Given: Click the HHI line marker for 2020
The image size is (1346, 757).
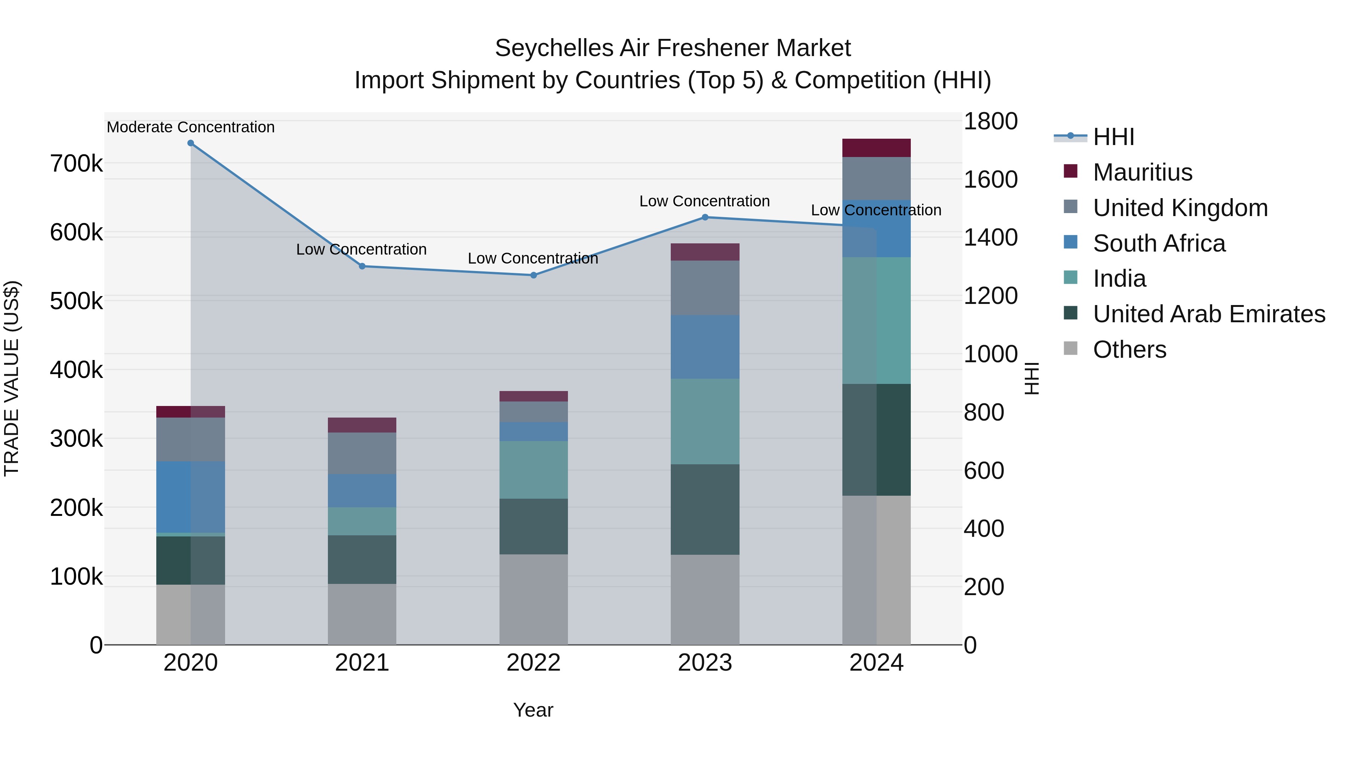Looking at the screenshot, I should (191, 143).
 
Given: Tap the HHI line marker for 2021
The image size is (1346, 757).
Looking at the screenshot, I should (362, 267).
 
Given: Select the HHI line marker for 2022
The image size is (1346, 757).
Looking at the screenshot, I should (534, 275).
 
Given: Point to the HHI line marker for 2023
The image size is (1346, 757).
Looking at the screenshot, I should (705, 217).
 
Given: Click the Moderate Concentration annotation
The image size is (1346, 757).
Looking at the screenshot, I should (191, 127).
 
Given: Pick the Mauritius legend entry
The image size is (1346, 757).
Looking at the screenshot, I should (1142, 172).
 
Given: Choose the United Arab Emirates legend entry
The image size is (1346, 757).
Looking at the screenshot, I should (1208, 314).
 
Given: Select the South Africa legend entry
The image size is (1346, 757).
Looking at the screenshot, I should (1159, 243).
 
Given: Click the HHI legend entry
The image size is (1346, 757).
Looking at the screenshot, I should (1113, 137).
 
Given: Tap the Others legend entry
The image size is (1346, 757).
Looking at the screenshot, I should (1129, 350).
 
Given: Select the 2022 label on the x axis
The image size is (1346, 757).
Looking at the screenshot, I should (534, 663).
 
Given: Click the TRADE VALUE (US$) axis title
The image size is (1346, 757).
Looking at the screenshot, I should (12, 378).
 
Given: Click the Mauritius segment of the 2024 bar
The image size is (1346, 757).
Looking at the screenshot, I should (876, 148).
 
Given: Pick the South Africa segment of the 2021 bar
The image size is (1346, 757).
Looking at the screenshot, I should (362, 490).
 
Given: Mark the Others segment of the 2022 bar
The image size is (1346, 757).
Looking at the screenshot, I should (534, 599).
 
